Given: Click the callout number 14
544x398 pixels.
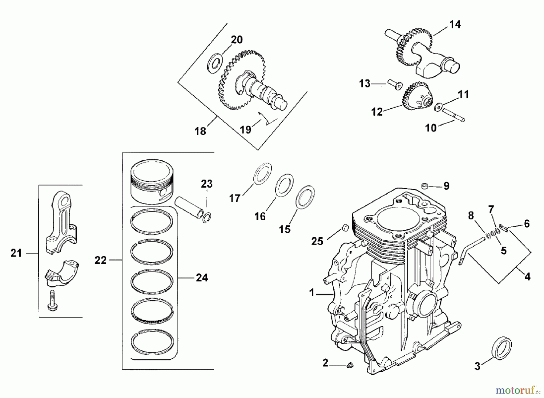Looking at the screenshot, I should click(x=455, y=24).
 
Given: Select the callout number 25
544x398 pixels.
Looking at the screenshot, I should click(x=317, y=241).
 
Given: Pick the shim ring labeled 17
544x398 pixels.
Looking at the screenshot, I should click(x=262, y=173).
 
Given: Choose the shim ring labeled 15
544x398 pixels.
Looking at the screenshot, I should click(x=305, y=197).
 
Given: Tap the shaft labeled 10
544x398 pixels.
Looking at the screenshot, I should click(x=453, y=115).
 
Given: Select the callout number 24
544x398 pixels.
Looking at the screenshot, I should click(x=202, y=278).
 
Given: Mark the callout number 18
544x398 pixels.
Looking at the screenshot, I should click(x=200, y=131).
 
